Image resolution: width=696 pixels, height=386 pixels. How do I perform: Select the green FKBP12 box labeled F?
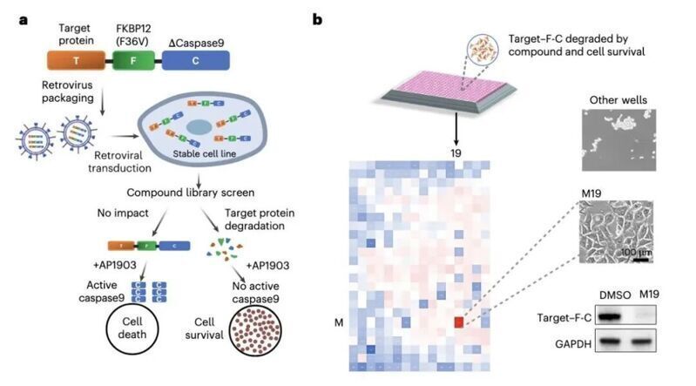point(133,59)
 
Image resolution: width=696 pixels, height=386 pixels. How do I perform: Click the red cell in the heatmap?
point(459,322)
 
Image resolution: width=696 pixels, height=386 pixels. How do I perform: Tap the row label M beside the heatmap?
point(339,322)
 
